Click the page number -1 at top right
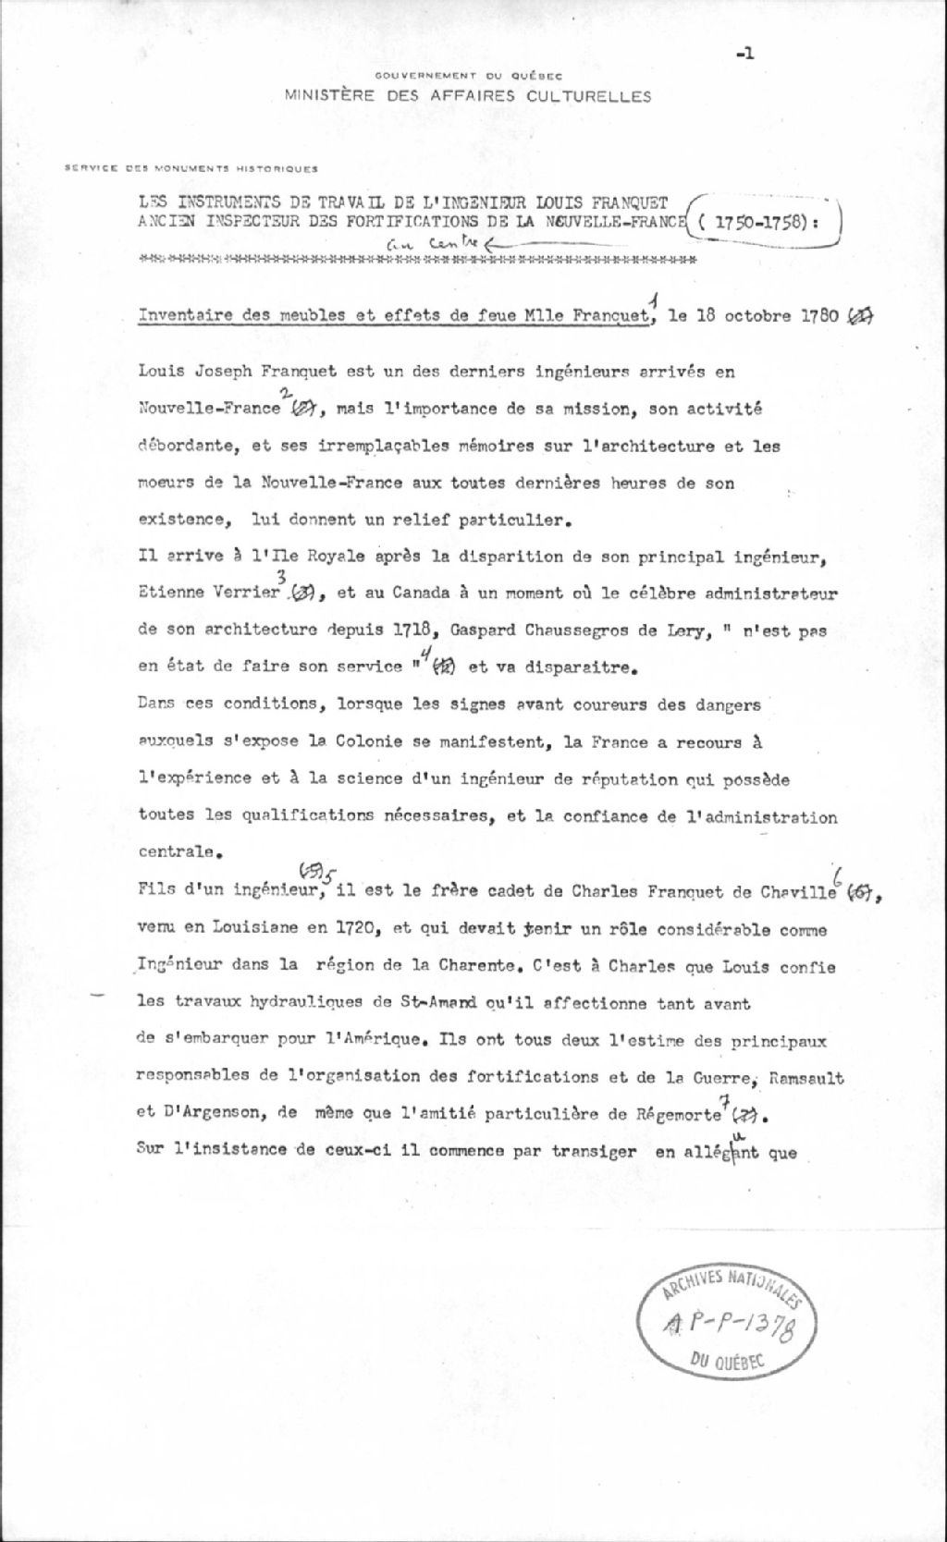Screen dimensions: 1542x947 pos(745,55)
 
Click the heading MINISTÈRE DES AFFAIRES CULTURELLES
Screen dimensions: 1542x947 pos(467,96)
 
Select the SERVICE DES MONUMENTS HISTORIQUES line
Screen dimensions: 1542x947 pos(191,169)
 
